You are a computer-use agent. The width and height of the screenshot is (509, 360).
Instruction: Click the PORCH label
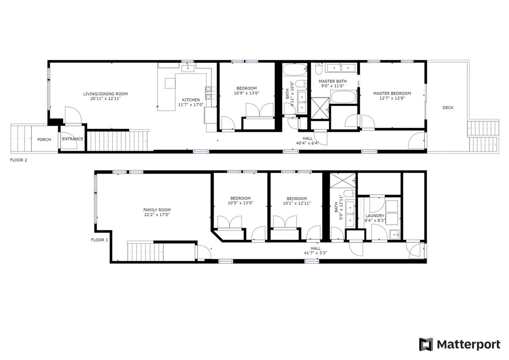click(44, 140)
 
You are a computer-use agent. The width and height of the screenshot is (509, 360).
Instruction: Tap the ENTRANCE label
click(73, 139)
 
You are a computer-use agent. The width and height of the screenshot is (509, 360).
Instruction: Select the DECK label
click(448, 108)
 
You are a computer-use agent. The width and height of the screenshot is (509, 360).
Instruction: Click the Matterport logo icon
click(426, 345)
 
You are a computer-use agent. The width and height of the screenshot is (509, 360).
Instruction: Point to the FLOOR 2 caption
click(19, 160)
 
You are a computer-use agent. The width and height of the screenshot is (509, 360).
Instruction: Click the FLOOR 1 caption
click(99, 240)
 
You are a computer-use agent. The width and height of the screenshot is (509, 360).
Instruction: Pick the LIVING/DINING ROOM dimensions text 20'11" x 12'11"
click(106, 98)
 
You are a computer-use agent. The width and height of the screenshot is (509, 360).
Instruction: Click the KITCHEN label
click(191, 100)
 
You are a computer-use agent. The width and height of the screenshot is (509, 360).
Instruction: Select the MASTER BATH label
click(333, 81)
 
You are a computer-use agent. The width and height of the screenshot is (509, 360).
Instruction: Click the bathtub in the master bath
click(343, 97)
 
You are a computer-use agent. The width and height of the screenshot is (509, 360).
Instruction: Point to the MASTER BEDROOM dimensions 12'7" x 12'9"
click(392, 98)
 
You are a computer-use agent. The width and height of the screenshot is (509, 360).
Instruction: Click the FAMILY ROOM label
click(157, 210)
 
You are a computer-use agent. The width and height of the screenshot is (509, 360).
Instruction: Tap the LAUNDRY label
click(375, 215)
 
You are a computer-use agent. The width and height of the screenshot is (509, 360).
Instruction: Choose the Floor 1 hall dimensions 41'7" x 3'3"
click(316, 253)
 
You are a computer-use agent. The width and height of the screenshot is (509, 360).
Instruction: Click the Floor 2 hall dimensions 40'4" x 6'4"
click(308, 143)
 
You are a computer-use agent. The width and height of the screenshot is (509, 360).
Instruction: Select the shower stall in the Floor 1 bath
click(342, 180)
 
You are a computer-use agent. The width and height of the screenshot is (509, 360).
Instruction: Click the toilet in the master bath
click(319, 69)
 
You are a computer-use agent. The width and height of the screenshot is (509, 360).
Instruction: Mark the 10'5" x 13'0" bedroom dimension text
click(241, 203)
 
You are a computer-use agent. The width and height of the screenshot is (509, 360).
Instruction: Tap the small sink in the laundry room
click(395, 234)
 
